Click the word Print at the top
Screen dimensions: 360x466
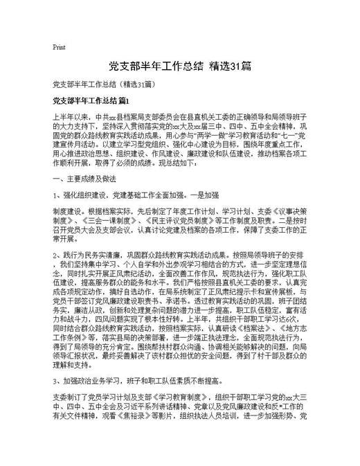59,47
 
